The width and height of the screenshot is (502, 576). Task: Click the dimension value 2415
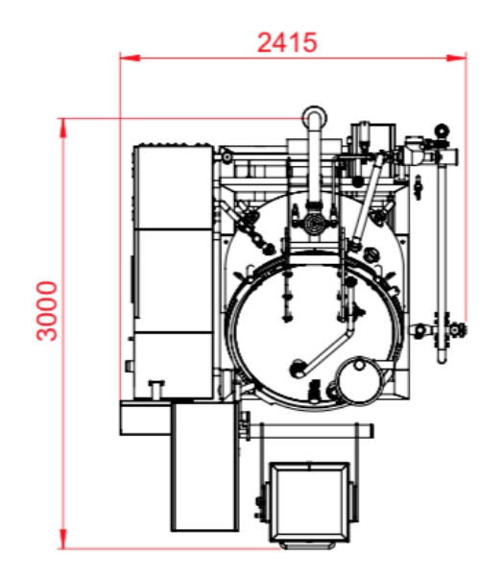click(x=287, y=42)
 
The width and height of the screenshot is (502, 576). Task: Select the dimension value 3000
click(x=47, y=311)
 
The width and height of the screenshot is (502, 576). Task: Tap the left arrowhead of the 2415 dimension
click(x=130, y=58)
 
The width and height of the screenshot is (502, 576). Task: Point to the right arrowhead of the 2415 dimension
click(x=456, y=58)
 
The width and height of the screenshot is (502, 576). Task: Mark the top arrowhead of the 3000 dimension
click(x=63, y=129)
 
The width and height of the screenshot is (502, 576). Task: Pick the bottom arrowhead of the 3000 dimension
click(x=63, y=539)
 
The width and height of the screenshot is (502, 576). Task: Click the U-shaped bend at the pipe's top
click(x=314, y=114)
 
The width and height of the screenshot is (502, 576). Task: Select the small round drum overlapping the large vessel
click(x=358, y=380)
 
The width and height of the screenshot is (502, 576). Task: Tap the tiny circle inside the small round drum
click(x=359, y=365)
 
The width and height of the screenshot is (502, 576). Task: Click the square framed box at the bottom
click(x=310, y=502)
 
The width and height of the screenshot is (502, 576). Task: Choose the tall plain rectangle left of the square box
click(x=204, y=467)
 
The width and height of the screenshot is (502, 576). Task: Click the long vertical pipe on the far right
click(x=442, y=257)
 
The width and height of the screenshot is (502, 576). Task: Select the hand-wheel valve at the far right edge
click(x=458, y=330)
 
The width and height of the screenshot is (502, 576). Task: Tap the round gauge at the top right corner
click(x=442, y=130)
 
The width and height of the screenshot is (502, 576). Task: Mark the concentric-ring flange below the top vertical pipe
click(x=314, y=223)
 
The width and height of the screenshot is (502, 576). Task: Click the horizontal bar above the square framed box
click(x=310, y=430)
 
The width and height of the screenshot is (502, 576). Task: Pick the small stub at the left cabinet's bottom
click(x=156, y=389)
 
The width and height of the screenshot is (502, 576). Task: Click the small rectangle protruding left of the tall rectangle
click(x=146, y=419)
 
